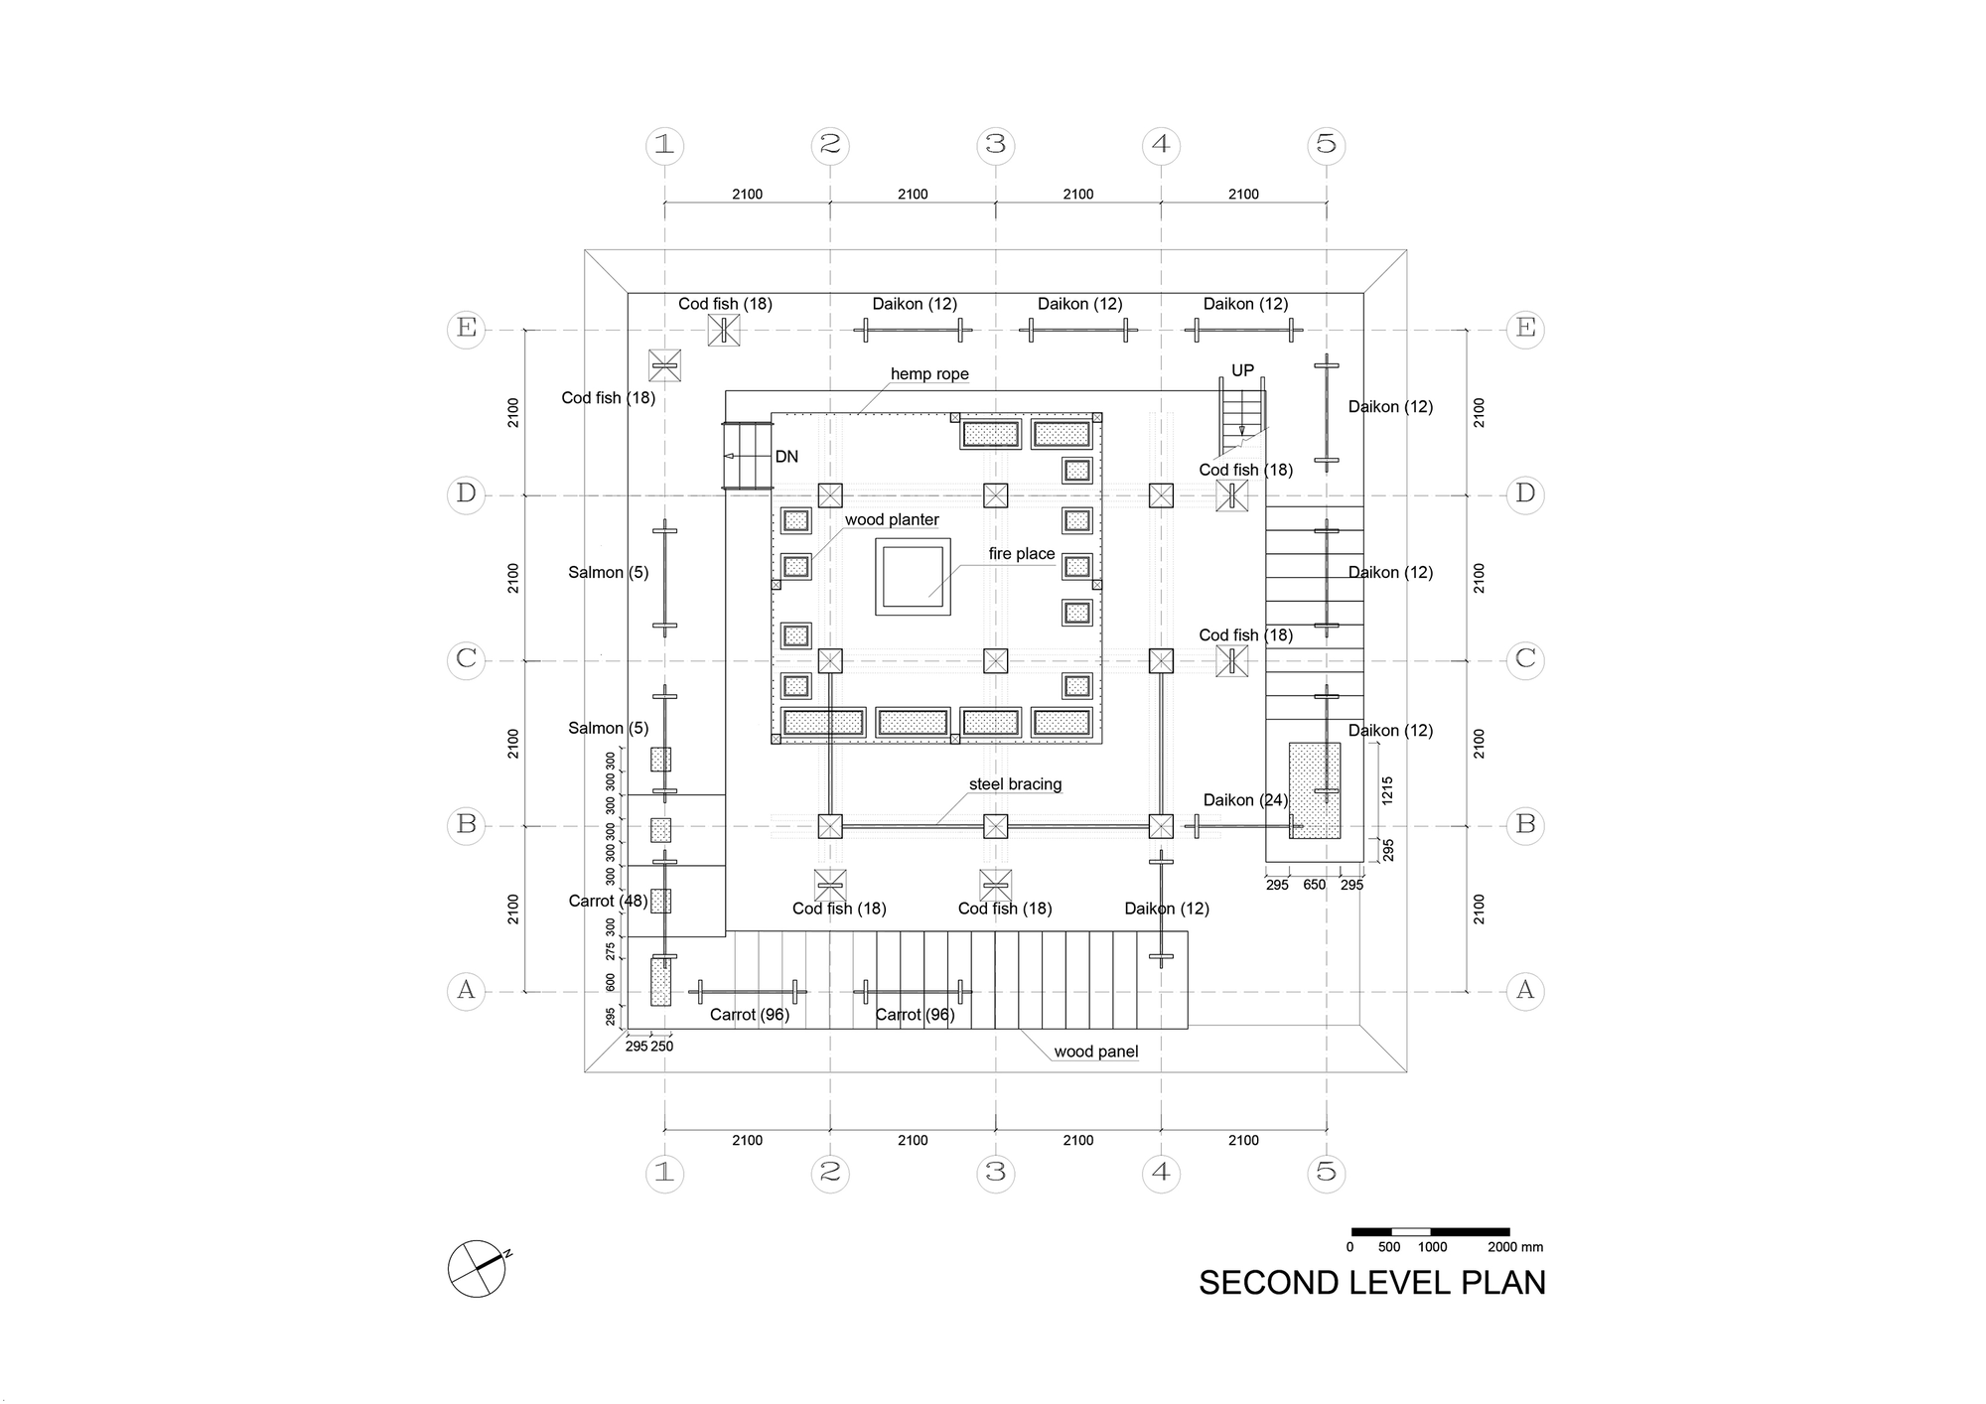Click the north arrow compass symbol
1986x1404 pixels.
pos(477,1269)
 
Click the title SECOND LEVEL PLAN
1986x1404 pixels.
pos(1372,1283)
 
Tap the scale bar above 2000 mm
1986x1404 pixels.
pos(1430,1232)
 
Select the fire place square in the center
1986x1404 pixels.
pos(913,577)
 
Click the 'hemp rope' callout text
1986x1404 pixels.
pos(929,374)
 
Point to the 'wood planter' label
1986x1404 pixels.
pos(892,520)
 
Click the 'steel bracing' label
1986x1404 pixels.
pos(1015,784)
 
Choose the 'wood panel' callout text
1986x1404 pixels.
pos(1096,1052)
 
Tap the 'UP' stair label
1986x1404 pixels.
pos(1242,370)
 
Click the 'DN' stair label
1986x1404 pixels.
pos(786,457)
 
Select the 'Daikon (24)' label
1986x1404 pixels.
pos(1245,800)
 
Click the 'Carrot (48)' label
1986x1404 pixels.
pos(608,902)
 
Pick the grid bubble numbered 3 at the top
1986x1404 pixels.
pos(996,145)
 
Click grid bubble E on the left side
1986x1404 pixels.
pos(466,328)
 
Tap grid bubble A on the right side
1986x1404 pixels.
pos(1525,990)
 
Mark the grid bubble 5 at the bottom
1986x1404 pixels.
pos(1327,1173)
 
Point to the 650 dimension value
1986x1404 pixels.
pos(1314,885)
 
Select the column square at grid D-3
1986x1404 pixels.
pos(996,495)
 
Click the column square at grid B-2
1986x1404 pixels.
pos(830,826)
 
